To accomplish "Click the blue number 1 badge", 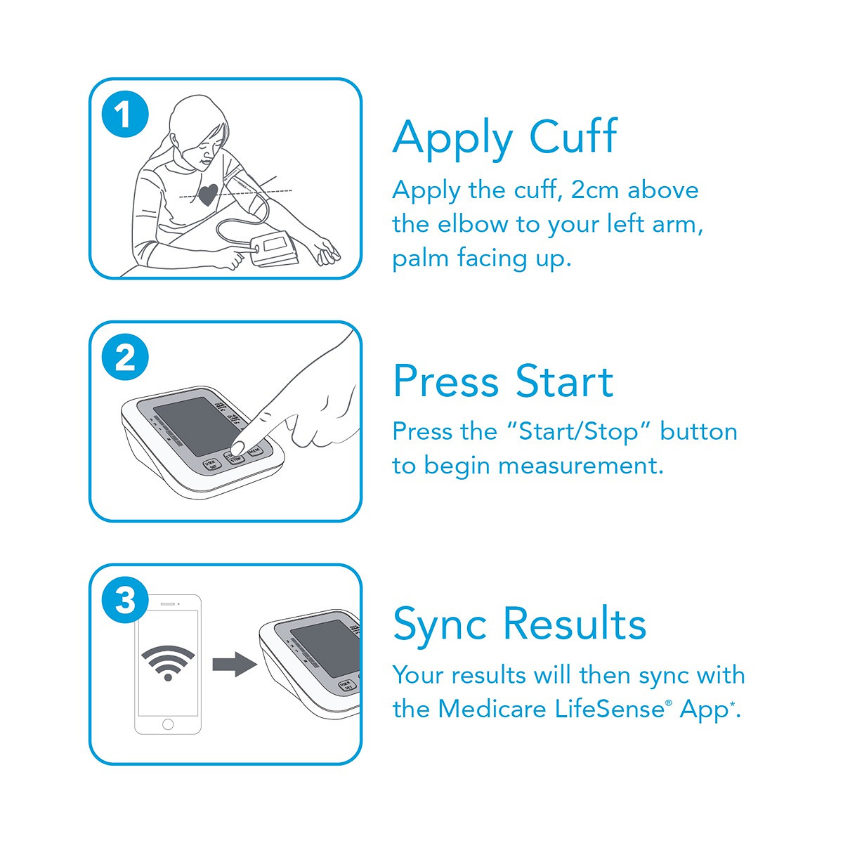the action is point(125,114).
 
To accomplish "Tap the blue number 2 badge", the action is point(125,357).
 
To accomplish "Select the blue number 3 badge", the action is point(125,600).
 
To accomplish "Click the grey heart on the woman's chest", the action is point(208,194).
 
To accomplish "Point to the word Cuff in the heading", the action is point(573,136).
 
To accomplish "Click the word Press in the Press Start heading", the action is point(446,381).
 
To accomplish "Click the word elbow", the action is point(473,224).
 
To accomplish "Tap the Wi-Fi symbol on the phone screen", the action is point(168,662).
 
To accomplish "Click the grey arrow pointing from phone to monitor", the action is point(235,665).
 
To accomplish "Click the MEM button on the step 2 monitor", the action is point(254,450).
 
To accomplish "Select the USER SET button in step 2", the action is point(212,464).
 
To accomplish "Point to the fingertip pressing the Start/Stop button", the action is point(237,448).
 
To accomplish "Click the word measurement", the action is point(580,466).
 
